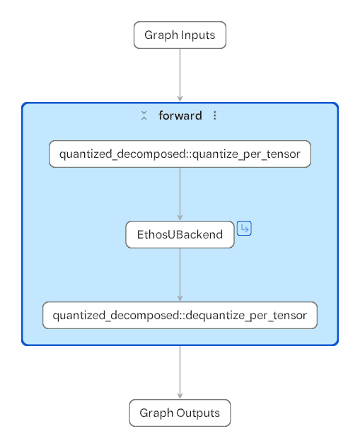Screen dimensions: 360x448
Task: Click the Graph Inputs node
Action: [180, 35]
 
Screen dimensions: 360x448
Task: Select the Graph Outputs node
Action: [180, 413]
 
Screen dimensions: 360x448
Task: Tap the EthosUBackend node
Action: [180, 234]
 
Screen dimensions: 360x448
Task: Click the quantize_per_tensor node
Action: [180, 154]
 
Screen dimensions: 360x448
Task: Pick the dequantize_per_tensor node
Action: [180, 315]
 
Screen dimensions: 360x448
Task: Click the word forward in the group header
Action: [180, 115]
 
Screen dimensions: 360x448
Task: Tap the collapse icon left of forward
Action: [144, 115]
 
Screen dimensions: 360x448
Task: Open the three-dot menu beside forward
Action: [215, 115]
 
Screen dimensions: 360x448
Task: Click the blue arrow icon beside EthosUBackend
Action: [244, 229]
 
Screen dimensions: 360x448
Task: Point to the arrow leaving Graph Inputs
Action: [180, 75]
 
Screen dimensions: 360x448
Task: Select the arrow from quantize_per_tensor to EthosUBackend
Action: [180, 194]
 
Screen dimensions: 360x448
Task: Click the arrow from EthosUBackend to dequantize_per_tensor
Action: [180, 275]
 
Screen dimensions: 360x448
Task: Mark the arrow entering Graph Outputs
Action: [180, 372]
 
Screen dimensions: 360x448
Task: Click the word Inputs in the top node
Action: [198, 35]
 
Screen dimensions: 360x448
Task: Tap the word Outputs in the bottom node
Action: [198, 413]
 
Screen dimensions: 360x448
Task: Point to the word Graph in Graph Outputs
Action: [156, 413]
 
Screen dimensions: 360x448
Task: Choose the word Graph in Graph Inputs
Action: [161, 35]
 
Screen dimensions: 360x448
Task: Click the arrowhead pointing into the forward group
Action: [180, 98]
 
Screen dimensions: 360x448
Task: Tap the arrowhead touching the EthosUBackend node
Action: [180, 218]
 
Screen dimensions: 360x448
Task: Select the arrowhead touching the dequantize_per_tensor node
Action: [180, 298]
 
